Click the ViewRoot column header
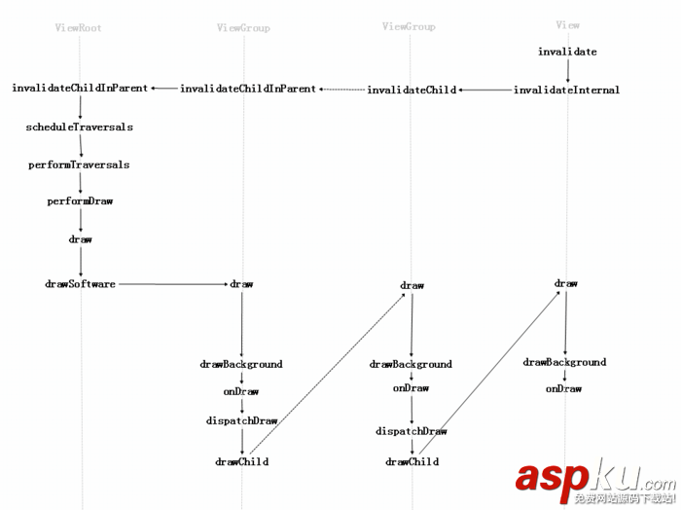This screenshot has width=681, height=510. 79,28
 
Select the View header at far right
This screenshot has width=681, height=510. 567,25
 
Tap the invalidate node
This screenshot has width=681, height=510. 567,52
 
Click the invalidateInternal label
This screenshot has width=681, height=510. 566,91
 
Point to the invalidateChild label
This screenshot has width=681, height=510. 412,91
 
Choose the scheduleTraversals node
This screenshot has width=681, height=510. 80,127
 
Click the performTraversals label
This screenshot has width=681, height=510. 79,165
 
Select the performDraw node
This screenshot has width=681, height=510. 80,201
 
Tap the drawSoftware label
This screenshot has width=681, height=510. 80,284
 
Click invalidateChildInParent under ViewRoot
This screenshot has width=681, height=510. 80,89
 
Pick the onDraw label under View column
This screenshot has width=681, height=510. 563,389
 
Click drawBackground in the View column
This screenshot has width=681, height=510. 564,362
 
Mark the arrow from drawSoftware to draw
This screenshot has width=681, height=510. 172,284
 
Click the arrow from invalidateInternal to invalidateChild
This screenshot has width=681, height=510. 485,91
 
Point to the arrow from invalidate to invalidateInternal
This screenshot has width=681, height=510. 567,70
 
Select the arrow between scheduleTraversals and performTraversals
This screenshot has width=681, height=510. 80,146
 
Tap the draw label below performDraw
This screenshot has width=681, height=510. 80,238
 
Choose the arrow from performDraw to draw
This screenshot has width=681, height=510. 80,220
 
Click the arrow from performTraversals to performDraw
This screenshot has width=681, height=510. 80,183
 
